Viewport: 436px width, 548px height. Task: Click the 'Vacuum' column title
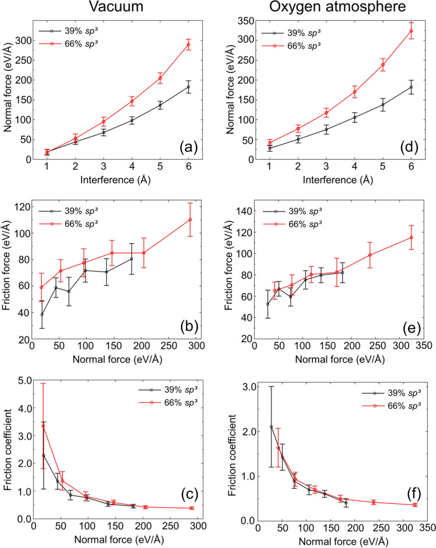point(115,10)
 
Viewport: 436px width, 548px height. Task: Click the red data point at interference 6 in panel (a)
point(188,45)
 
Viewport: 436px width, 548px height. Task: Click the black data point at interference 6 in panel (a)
point(188,87)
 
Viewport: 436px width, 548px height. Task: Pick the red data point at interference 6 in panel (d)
point(411,31)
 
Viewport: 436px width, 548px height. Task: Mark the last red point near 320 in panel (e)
point(411,237)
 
